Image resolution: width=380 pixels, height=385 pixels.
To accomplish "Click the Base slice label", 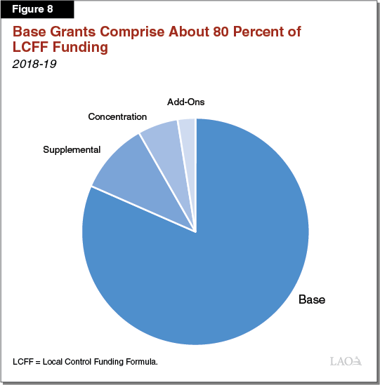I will tap(312, 299).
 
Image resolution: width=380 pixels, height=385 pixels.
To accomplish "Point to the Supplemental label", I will tap(72, 149).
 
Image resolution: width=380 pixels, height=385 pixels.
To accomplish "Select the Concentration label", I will tap(117, 116).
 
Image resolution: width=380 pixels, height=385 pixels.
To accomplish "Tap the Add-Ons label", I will tap(185, 102).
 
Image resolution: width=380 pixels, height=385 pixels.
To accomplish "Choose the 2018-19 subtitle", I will tap(32, 65).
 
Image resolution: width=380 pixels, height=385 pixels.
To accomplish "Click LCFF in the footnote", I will tap(22, 361).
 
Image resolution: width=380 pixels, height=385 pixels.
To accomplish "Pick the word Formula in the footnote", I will tap(141, 361).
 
